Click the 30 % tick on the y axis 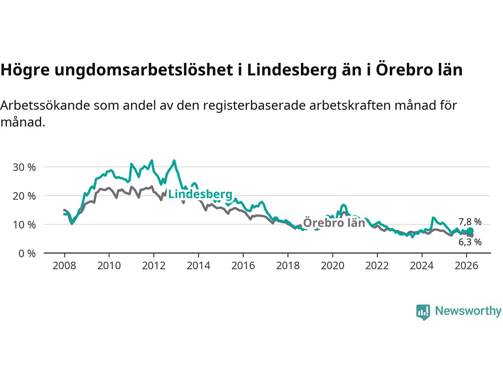(24, 167)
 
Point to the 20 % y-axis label (24, 196)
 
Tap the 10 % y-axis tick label (24, 225)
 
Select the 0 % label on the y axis (27, 253)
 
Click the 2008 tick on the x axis (64, 266)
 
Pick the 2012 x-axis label (154, 266)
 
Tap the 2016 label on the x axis (243, 266)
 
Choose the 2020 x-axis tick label (332, 266)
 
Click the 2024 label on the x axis (422, 266)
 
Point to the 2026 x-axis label (466, 266)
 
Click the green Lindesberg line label (200, 194)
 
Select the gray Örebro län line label (334, 223)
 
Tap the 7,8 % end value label (470, 222)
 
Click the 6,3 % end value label (470, 242)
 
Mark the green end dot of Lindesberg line (470, 231)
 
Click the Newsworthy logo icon (423, 312)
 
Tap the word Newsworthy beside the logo (468, 311)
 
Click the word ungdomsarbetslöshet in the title (143, 70)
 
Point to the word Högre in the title (25, 70)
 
